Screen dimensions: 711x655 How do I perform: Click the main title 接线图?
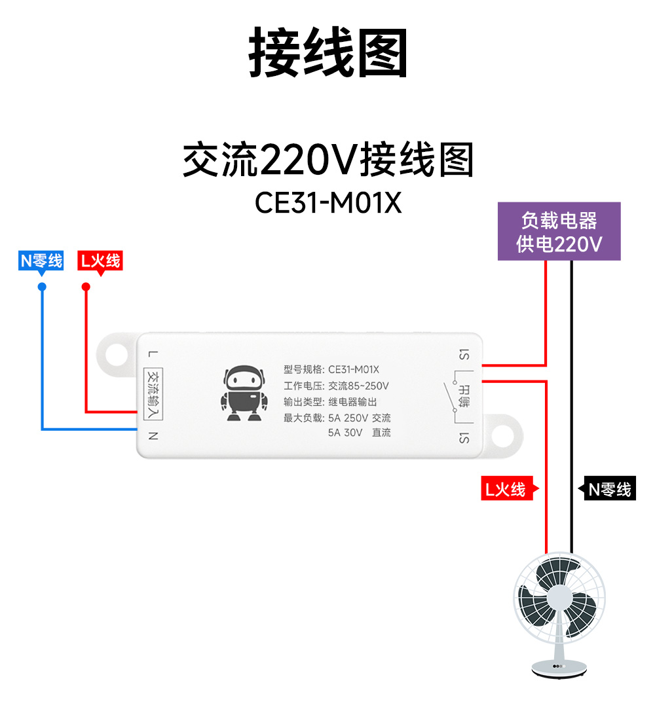click(327, 52)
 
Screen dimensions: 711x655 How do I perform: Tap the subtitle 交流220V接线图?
click(327, 161)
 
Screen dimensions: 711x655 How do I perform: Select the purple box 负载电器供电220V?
click(559, 231)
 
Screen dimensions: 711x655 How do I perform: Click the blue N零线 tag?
click(41, 261)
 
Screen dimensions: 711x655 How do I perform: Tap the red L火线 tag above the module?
click(100, 261)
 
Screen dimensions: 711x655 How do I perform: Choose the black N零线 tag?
click(607, 489)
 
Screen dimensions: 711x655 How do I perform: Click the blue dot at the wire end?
click(42, 287)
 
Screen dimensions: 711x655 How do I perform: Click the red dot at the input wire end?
click(85, 287)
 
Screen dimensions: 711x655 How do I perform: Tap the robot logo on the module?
click(243, 393)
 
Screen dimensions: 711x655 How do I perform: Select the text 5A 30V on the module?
click(345, 433)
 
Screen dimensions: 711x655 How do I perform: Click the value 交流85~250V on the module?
click(358, 386)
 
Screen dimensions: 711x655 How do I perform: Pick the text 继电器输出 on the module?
click(352, 402)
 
